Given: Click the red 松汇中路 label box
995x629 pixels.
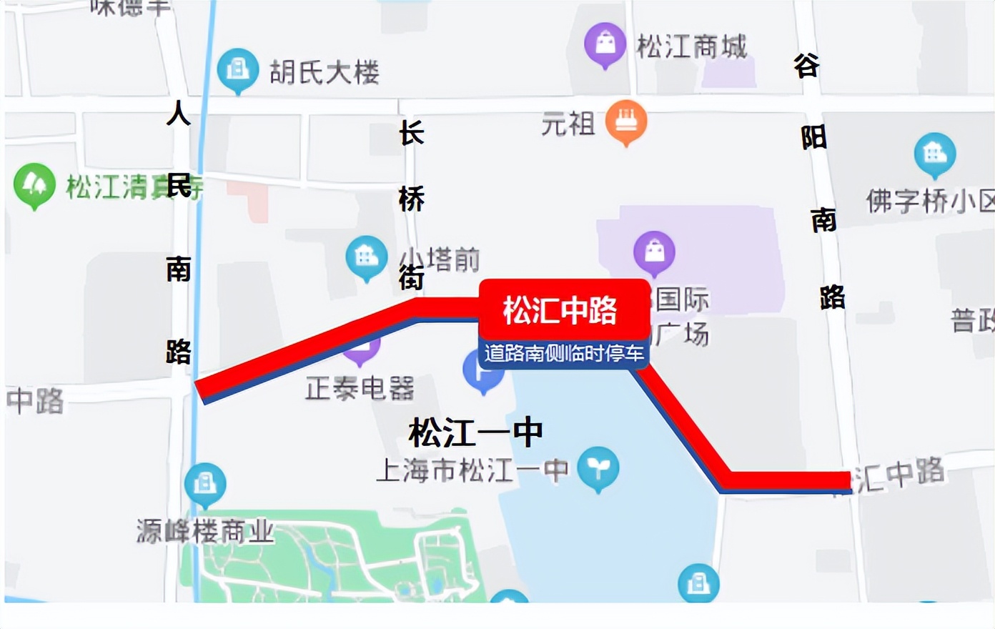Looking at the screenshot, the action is pos(561,309).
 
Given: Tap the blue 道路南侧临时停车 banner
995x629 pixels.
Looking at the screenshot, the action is pos(564,354).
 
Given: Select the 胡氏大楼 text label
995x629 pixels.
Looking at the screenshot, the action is pos(325,72).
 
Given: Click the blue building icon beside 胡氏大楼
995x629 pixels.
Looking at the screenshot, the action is pos(237,69).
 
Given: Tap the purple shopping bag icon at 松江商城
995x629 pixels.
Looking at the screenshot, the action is pos(605,44).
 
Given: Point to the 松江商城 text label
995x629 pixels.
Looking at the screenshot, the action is pos(691,47).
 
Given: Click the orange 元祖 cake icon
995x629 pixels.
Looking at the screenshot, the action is pos(626,121).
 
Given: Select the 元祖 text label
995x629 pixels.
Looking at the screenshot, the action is pos(568,124).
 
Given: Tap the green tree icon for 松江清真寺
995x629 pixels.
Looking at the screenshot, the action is pos(34,184).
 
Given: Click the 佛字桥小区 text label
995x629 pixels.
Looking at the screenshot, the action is pos(929,201).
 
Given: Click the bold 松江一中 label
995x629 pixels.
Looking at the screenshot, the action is pos(476,432).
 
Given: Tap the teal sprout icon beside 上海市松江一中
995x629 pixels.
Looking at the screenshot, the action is pos(598,467).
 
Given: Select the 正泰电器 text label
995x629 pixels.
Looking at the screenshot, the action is pos(360,389).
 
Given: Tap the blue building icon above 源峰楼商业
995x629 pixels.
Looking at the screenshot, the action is pos(205,484).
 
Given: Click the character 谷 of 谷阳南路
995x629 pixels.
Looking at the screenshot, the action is pos(806,66).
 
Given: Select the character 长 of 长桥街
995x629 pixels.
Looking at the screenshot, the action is pos(412,133).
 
